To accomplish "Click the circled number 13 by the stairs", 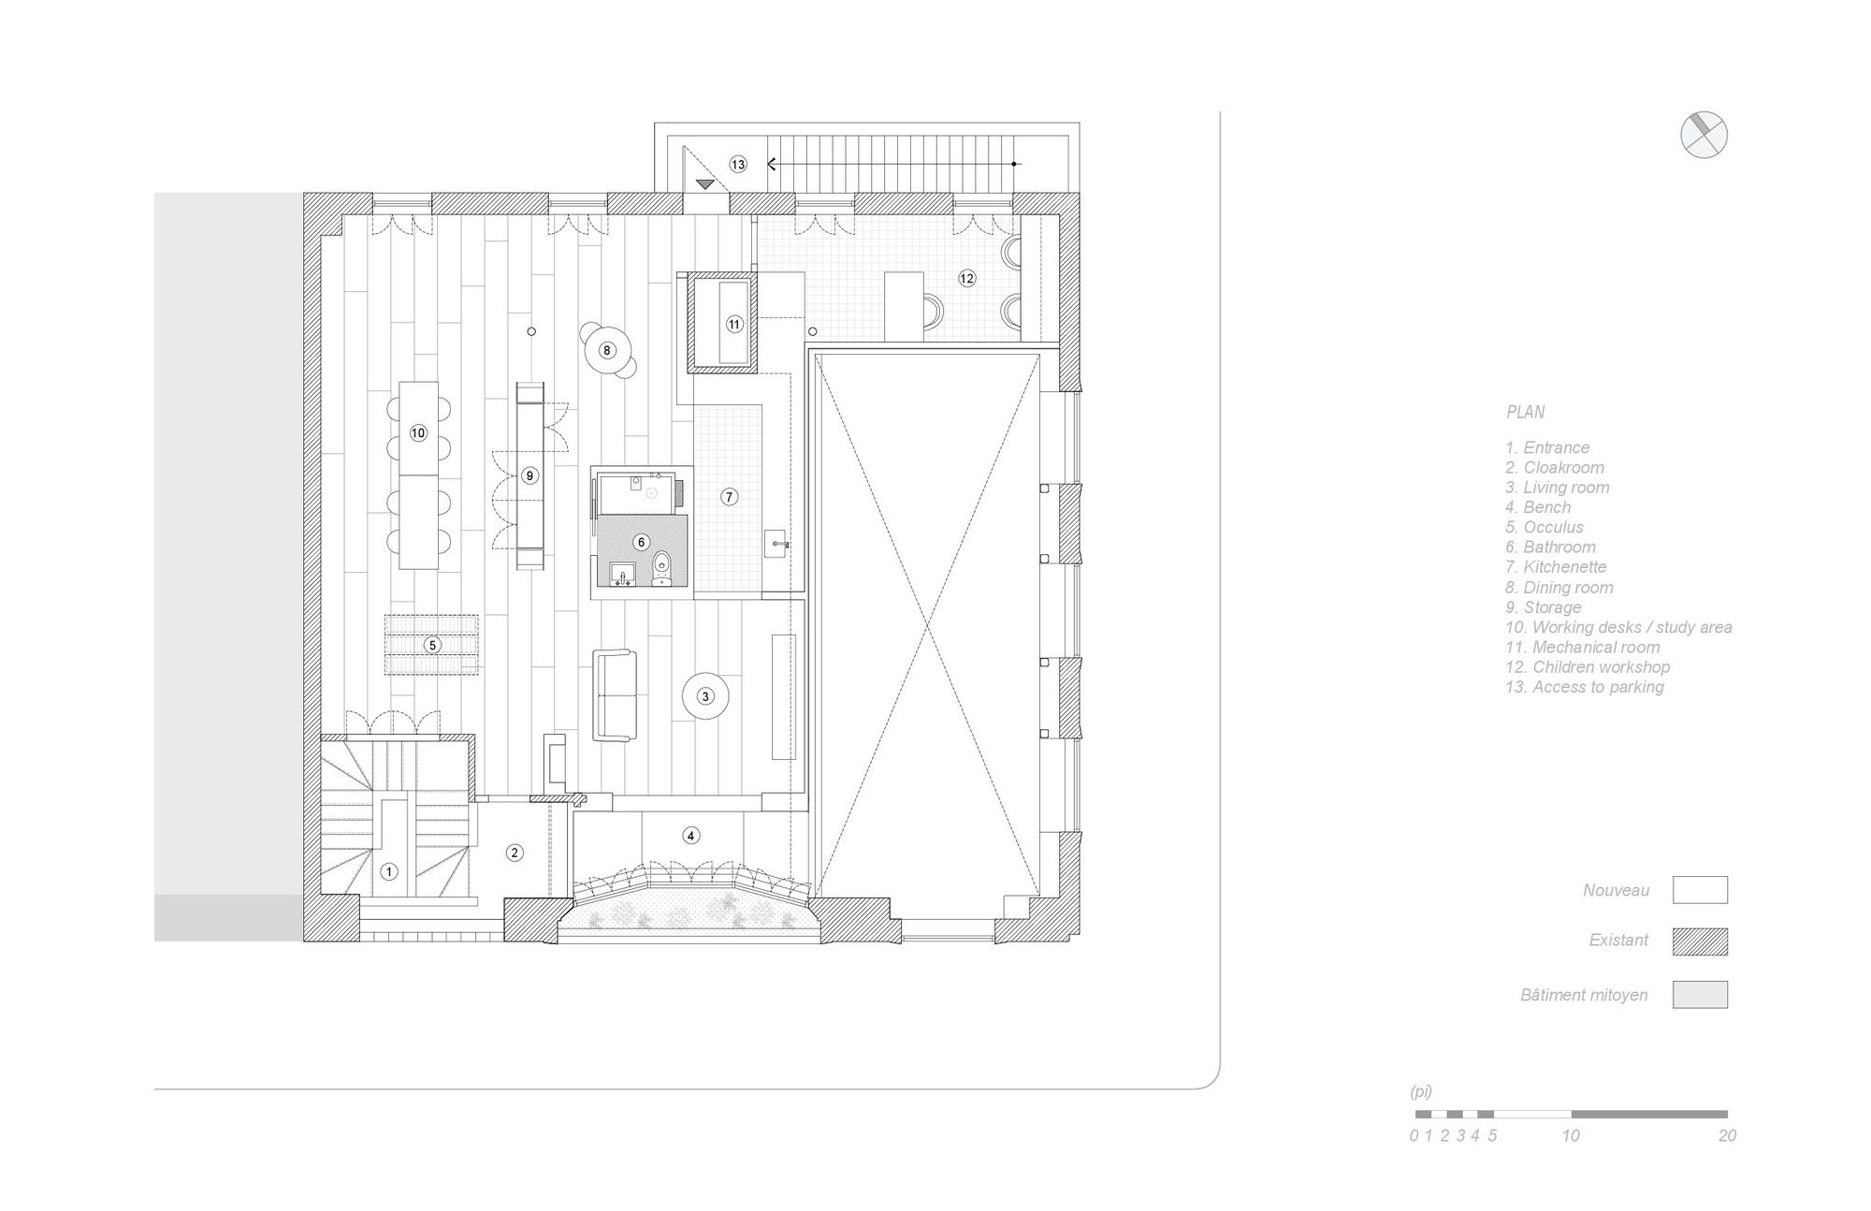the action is pyautogui.click(x=738, y=165).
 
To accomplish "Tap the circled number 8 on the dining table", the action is pyautogui.click(x=607, y=351).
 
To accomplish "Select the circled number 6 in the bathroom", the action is pyautogui.click(x=641, y=542).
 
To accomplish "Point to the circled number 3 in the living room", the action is pyautogui.click(x=705, y=696).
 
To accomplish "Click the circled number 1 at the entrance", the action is pyautogui.click(x=389, y=872).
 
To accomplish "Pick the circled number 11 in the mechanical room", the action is pyautogui.click(x=734, y=325).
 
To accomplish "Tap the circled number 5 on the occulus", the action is pyautogui.click(x=432, y=645).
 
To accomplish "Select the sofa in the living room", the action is pyautogui.click(x=615, y=696).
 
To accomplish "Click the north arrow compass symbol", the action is pyautogui.click(x=1704, y=135).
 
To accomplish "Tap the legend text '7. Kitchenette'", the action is pyautogui.click(x=1556, y=567).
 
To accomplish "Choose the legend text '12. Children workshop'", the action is pyautogui.click(x=1588, y=667).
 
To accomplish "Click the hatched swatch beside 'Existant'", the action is pyautogui.click(x=1700, y=941).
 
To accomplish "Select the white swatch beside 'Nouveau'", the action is pyautogui.click(x=1700, y=890).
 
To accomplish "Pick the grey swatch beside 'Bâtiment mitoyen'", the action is pyautogui.click(x=1700, y=994).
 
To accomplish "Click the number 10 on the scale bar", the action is pyautogui.click(x=1571, y=1135).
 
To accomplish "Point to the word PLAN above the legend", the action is pyautogui.click(x=1525, y=412).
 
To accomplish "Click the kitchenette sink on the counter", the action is pyautogui.click(x=777, y=543).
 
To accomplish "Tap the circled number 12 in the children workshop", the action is pyautogui.click(x=966, y=278).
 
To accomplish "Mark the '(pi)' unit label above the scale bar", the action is pyautogui.click(x=1421, y=1092).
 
